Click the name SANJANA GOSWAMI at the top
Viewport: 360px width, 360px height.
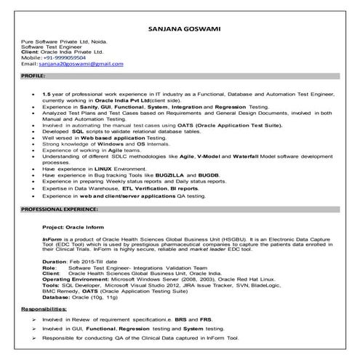point(180,29)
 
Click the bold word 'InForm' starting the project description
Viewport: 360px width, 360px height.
point(52,238)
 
